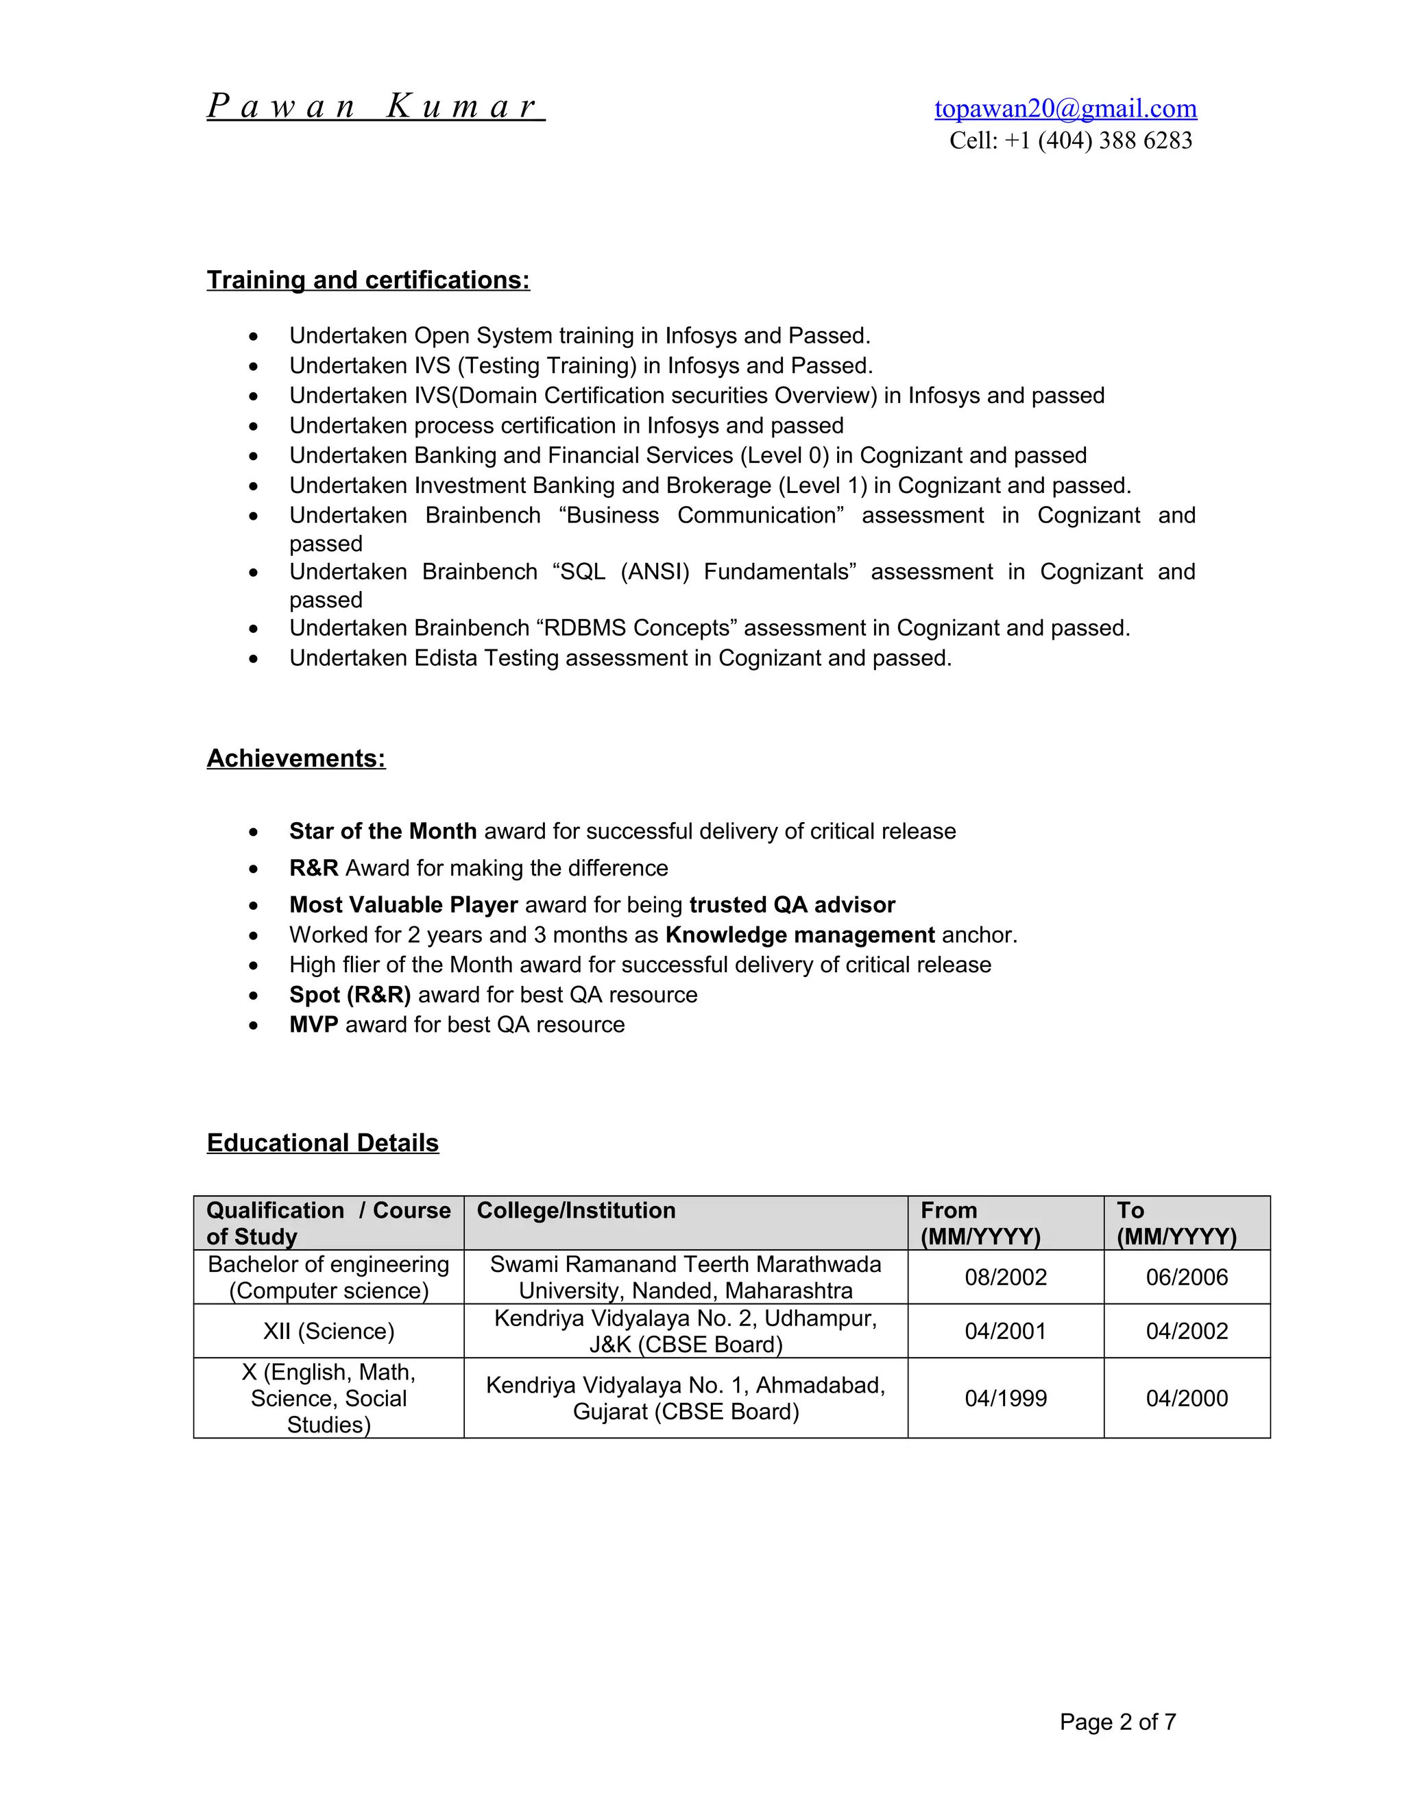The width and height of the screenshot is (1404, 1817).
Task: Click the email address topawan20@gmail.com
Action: click(x=1065, y=108)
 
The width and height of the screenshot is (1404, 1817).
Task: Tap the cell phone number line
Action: click(x=1070, y=141)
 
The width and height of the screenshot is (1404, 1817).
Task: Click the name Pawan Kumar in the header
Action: click(x=375, y=106)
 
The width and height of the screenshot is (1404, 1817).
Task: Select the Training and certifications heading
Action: click(x=367, y=280)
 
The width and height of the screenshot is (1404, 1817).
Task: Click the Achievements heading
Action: click(x=296, y=759)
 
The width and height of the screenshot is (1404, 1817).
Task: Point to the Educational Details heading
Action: click(x=323, y=1143)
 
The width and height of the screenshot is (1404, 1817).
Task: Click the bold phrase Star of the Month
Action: click(x=383, y=831)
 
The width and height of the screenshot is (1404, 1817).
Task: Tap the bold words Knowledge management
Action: click(x=799, y=935)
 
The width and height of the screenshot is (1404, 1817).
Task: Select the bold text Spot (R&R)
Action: click(x=350, y=995)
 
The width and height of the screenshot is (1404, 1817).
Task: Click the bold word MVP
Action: click(x=313, y=1025)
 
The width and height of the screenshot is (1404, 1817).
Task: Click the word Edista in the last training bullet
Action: click(x=446, y=658)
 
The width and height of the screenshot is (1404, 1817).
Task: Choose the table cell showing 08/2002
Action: click(x=1005, y=1277)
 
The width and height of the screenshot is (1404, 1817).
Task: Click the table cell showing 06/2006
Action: click(x=1186, y=1277)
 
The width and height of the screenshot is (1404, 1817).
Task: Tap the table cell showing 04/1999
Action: click(x=1005, y=1399)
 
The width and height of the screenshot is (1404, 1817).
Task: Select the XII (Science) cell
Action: click(x=328, y=1331)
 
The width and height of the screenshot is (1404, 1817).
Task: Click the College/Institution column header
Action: click(x=576, y=1210)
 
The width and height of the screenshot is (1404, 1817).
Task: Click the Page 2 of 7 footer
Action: click(x=1117, y=1722)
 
